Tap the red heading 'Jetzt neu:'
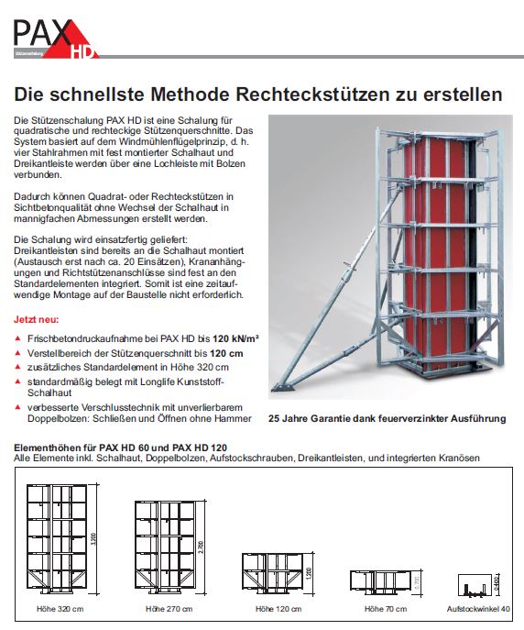(34, 323)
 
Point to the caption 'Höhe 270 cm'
(169, 609)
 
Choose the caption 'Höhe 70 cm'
(385, 609)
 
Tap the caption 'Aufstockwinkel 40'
(477, 609)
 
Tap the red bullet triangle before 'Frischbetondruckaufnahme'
(19, 339)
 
